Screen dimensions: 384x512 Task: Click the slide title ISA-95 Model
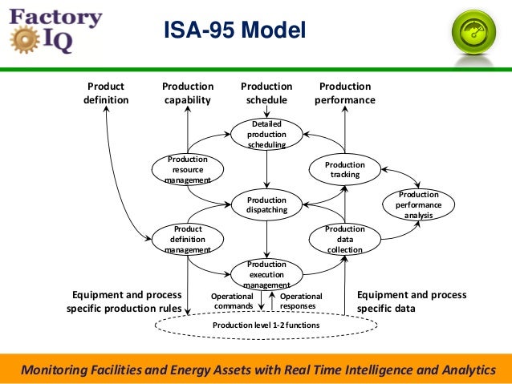pyautogui.click(x=235, y=30)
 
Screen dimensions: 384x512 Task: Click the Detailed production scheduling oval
pyautogui.click(x=266, y=135)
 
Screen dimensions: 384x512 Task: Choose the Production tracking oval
pyautogui.click(x=344, y=169)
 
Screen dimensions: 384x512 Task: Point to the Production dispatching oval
pyautogui.click(x=266, y=204)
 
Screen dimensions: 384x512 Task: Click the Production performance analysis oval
pyautogui.click(x=418, y=204)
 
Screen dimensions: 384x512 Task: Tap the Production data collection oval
pyautogui.click(x=344, y=239)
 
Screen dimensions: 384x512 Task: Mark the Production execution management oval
pyautogui.click(x=266, y=274)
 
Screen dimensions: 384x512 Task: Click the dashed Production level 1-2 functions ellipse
pyautogui.click(x=265, y=325)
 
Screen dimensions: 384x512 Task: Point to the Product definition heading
pyautogui.click(x=106, y=93)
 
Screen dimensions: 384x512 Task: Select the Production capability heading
pyautogui.click(x=188, y=93)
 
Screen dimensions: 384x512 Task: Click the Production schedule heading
pyautogui.click(x=266, y=93)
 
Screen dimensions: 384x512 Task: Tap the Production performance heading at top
pyautogui.click(x=345, y=93)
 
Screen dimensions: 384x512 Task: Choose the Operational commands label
pyautogui.click(x=233, y=301)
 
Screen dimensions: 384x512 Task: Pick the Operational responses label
pyautogui.click(x=301, y=301)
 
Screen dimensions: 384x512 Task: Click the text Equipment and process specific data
pyautogui.click(x=411, y=301)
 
